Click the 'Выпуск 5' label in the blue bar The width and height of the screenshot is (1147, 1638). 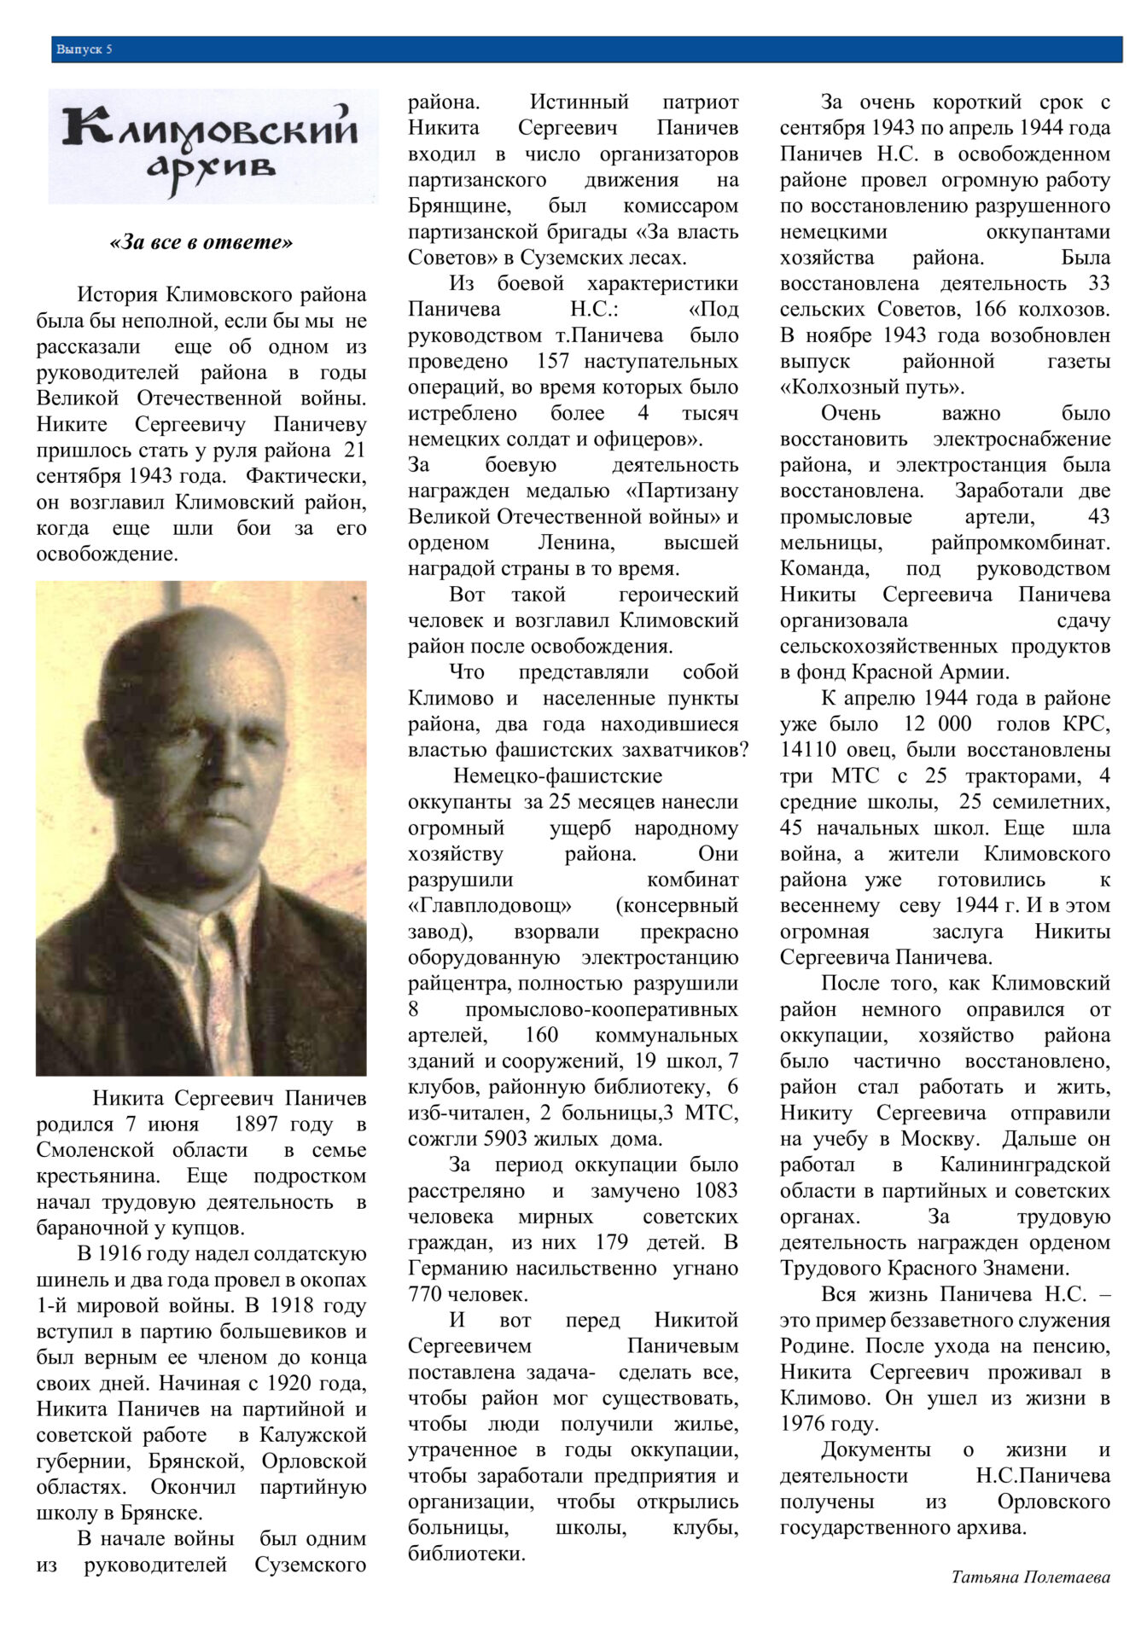[84, 49]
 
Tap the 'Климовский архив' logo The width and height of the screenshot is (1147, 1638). [213, 146]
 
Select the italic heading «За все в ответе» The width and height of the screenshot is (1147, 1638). [201, 242]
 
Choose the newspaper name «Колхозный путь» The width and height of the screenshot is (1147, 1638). [872, 386]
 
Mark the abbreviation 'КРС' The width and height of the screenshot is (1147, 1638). [1086, 724]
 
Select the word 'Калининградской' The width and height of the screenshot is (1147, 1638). [1024, 1165]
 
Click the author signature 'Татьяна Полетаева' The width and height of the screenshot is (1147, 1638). [1030, 1577]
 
